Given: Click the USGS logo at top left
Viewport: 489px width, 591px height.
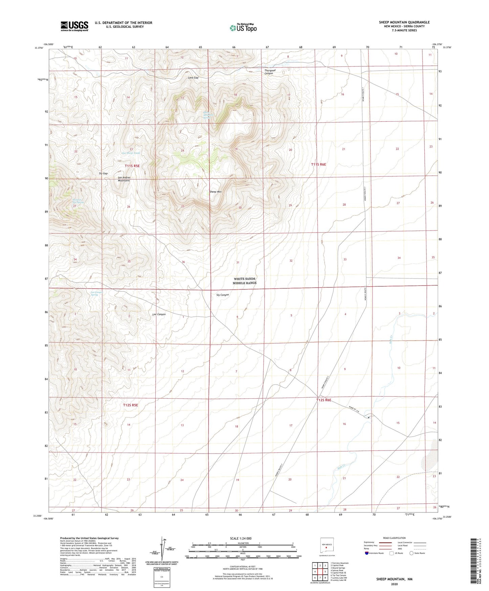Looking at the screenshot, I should tap(74, 26).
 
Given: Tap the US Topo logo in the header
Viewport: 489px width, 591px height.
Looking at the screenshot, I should tap(243, 27).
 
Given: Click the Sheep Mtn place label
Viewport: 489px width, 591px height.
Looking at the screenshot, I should tap(215, 192).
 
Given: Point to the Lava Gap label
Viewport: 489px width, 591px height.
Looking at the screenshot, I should tap(193, 78).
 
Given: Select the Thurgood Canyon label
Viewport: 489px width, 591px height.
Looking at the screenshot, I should tap(270, 72).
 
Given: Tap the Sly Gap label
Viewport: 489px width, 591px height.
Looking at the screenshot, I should tap(103, 173).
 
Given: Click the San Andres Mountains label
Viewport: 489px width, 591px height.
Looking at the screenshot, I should tap(124, 179).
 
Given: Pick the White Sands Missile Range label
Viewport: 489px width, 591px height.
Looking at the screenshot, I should tap(245, 281).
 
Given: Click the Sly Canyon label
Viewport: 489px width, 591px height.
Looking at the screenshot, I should tap(222, 295).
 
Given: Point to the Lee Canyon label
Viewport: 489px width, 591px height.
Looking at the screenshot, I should tap(159, 314).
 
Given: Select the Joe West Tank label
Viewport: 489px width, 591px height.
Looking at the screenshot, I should tap(131, 153).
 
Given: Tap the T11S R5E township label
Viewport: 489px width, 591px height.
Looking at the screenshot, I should tap(132, 166).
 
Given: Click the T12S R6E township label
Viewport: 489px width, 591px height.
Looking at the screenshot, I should tap(324, 400).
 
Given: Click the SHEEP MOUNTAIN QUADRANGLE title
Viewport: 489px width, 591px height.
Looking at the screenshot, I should tap(404, 22).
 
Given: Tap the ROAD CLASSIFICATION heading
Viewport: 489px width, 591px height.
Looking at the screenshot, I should tap(394, 538).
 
